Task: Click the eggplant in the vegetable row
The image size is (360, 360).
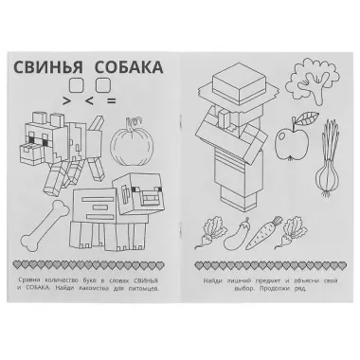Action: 247,231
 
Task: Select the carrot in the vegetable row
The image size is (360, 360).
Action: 279,231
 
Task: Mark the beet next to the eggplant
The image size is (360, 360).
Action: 216,232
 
